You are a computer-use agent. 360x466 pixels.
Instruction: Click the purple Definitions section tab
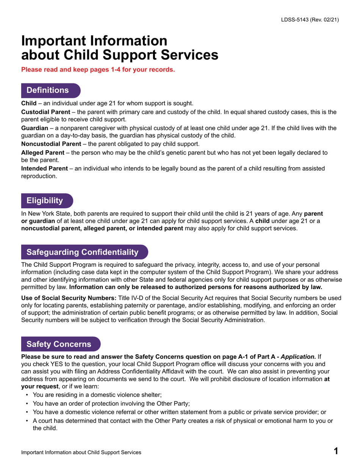click(x=47, y=90)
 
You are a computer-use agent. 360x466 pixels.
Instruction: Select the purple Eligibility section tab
click(x=44, y=200)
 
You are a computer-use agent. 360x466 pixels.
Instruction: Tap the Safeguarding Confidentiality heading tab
click(x=82, y=252)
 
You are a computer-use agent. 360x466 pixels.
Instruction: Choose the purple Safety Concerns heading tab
click(x=58, y=344)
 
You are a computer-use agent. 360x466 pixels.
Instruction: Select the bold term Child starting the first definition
click(x=28, y=104)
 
